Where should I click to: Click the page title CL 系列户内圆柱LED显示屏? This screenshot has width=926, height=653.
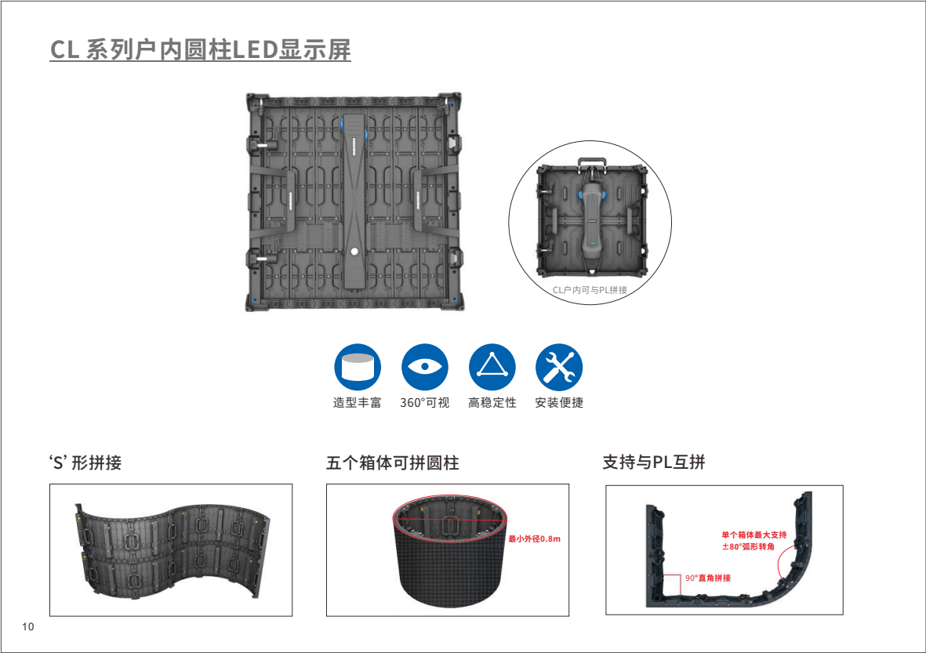pos(200,49)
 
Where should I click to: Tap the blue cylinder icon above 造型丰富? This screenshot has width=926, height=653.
pos(358,367)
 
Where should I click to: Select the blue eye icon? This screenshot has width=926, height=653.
pos(425,367)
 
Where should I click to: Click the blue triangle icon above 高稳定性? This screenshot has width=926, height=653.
pos(492,367)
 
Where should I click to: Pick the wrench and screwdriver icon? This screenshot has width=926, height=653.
pos(559,367)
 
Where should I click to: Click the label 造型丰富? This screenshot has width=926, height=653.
pos(358,403)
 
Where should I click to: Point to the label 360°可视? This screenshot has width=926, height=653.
pos(425,403)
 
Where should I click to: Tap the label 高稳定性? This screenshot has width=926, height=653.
pos(492,403)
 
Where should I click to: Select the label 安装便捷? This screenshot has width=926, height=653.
pos(559,403)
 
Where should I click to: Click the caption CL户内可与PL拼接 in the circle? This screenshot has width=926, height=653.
pos(590,290)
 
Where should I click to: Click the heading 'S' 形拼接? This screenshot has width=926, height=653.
pos(85,463)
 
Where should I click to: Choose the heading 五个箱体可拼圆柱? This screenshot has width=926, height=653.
pos(393,463)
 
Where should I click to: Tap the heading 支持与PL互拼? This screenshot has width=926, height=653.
pos(654,462)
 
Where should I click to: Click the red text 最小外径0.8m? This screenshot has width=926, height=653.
pos(535,539)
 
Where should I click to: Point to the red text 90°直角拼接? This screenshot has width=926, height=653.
pos(708,578)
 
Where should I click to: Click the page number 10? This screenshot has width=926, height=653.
pos(27,626)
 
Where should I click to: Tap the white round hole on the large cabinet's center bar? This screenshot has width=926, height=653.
pos(354,252)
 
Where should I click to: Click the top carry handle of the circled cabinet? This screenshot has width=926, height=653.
pos(592,161)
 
